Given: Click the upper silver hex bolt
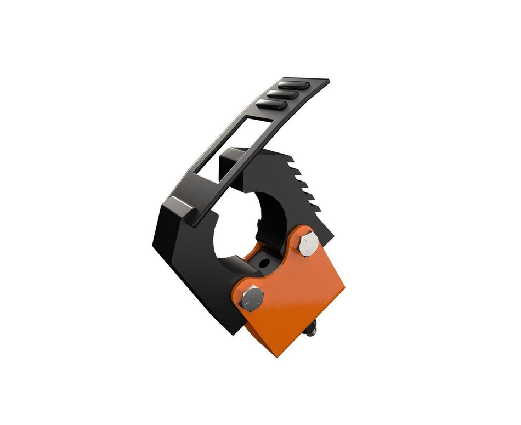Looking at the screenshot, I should pyautogui.click(x=309, y=243).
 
